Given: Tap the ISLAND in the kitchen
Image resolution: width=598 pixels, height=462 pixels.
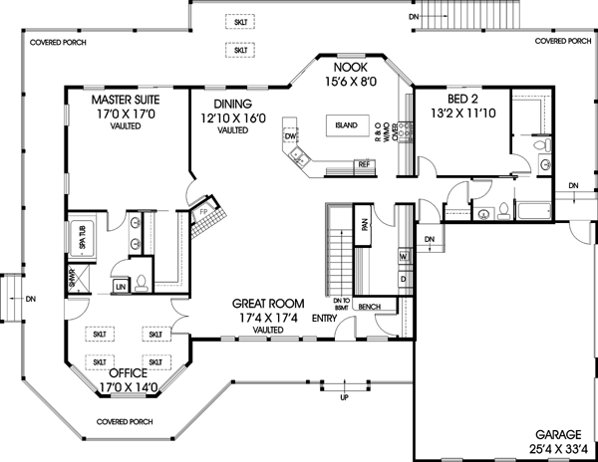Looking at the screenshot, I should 346,126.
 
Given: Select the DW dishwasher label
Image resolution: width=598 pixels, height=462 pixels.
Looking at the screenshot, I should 291,135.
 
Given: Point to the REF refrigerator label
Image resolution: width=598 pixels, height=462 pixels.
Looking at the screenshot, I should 364,163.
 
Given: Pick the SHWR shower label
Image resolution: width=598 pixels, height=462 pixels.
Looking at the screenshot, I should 72,278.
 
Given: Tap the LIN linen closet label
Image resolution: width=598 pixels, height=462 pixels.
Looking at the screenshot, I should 120,286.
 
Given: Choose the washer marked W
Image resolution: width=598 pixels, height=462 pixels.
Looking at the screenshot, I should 404,257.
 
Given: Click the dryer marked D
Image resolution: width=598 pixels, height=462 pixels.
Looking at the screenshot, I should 404,280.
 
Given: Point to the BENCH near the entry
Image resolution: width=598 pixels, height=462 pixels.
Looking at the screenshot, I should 370,307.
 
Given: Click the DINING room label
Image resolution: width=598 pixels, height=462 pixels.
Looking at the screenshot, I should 231,104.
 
